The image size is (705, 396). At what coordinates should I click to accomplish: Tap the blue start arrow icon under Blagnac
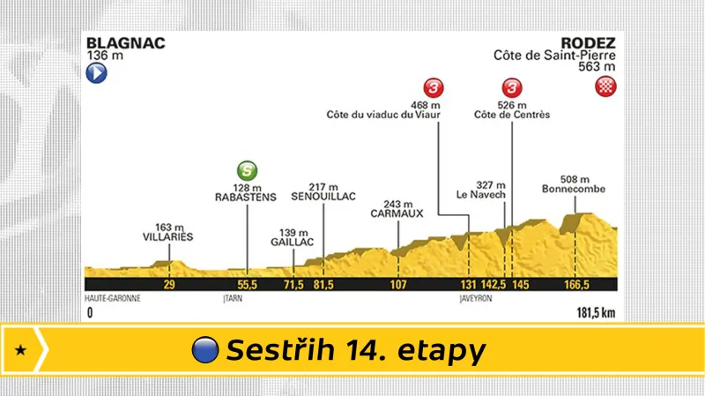click(96, 74)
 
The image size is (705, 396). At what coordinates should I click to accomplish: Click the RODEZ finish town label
click(592, 42)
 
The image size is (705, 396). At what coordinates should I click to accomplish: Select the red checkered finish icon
click(607, 86)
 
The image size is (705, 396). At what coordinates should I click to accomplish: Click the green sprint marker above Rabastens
click(248, 169)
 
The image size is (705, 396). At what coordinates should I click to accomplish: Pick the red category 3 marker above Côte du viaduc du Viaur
click(433, 87)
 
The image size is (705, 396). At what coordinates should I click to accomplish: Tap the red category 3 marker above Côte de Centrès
click(512, 87)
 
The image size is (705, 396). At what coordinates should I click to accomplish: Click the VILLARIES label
click(167, 236)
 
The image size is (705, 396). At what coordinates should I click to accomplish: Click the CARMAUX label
click(397, 213)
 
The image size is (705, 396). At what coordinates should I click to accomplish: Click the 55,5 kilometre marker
click(247, 286)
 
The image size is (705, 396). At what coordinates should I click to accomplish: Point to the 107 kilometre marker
click(398, 286)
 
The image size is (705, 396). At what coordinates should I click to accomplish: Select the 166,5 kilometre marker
click(575, 286)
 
